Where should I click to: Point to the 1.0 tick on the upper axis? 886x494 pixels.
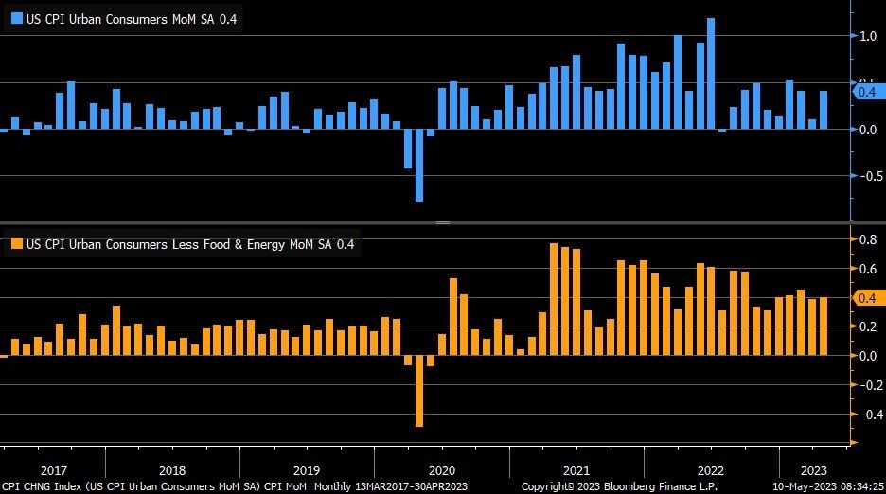click(867, 36)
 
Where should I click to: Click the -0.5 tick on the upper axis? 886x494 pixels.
click(865, 176)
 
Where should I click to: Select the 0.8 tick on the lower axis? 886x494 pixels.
click(867, 240)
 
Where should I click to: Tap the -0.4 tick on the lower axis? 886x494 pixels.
click(865, 415)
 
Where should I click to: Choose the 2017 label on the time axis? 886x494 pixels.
click(53, 469)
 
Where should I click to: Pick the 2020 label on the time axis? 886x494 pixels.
click(442, 469)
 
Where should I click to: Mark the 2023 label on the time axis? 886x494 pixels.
click(814, 469)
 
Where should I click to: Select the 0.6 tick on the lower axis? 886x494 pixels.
click(867, 270)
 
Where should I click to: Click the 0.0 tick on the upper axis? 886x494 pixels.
click(867, 130)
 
